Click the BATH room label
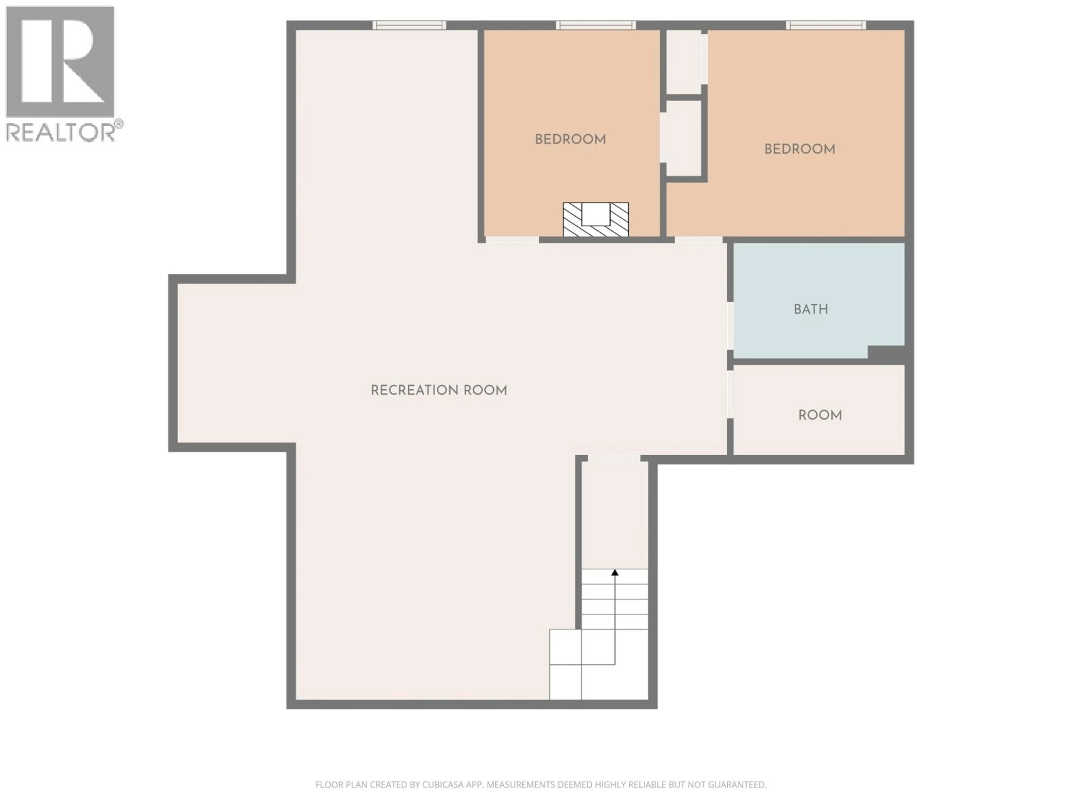[811, 309]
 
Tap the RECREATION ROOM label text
[439, 390]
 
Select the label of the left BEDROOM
[570, 140]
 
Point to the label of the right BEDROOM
[800, 149]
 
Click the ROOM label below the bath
[820, 415]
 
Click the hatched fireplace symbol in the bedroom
[595, 220]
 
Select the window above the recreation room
[409, 25]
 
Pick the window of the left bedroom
[595, 25]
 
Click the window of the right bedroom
[826, 25]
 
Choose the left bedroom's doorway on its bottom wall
[512, 240]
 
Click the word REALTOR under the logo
[60, 132]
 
